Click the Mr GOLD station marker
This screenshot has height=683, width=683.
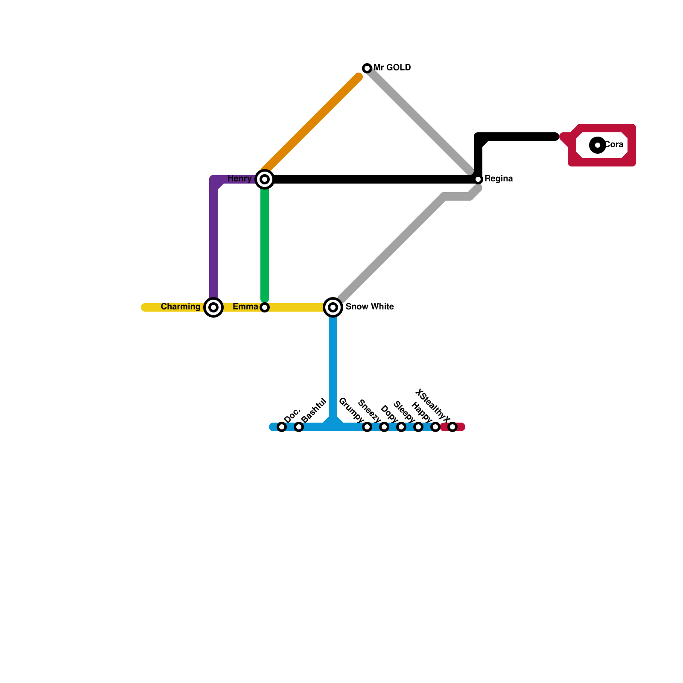click(x=367, y=68)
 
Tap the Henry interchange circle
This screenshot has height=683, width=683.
click(x=265, y=179)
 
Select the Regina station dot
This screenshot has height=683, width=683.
click(x=478, y=179)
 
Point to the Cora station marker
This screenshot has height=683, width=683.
click(x=598, y=145)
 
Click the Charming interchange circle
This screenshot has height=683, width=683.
click(x=213, y=307)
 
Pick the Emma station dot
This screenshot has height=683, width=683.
click(x=265, y=307)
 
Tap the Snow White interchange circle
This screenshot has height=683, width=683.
click(x=333, y=307)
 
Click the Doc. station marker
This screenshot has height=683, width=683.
click(x=282, y=427)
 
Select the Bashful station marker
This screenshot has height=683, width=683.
click(x=299, y=427)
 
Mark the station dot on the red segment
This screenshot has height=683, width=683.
click(x=452, y=427)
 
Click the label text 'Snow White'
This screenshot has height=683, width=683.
click(x=370, y=307)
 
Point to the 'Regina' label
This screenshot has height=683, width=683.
click(x=499, y=179)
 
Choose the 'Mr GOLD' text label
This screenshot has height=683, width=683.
click(x=392, y=68)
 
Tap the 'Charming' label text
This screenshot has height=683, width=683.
click(x=181, y=307)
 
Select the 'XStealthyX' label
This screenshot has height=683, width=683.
click(x=432, y=406)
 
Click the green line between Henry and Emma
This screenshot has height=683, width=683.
click(x=265, y=243)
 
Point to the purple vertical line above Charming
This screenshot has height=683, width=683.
click(x=213, y=243)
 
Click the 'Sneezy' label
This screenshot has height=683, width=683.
click(x=369, y=411)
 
